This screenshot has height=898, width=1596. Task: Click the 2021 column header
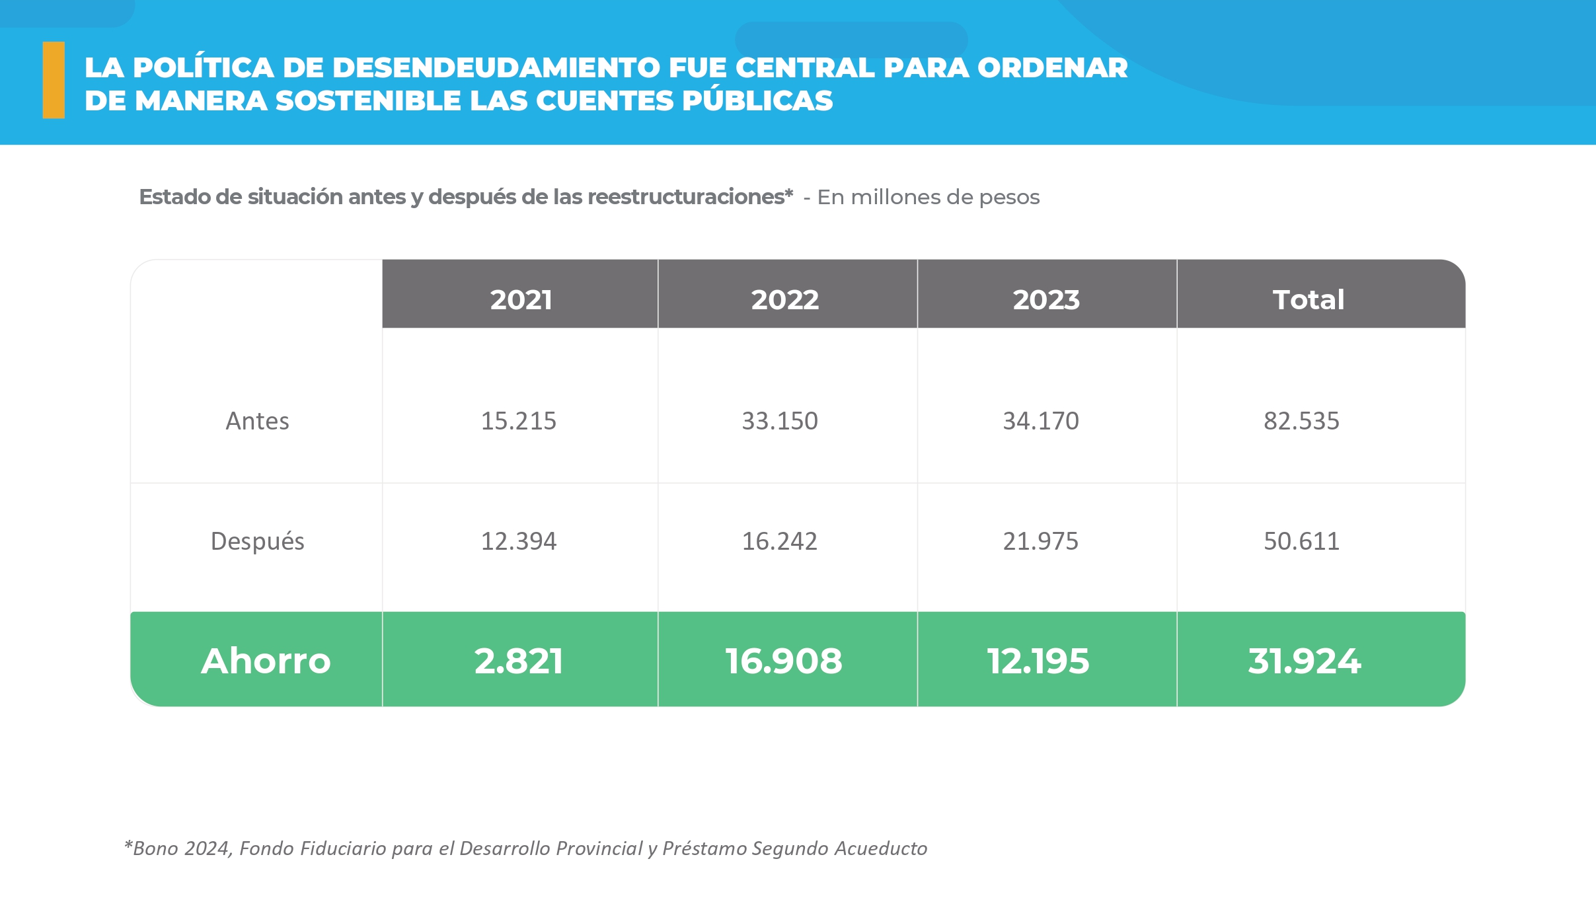point(521,300)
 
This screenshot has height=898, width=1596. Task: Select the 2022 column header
point(784,300)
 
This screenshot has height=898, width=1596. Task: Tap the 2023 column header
point(1046,300)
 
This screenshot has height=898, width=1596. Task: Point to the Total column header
point(1309,300)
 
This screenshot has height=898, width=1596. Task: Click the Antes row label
point(258,421)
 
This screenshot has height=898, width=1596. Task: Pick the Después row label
point(258,541)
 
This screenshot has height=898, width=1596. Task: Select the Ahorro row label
point(266,661)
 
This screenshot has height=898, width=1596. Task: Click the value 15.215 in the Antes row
point(519,421)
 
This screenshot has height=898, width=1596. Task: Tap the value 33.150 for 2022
point(780,421)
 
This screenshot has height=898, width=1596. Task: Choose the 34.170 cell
point(1041,421)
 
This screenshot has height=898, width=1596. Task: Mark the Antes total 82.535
point(1301,421)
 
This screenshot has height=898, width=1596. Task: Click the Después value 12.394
point(519,541)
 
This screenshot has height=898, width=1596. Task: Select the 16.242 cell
point(780,541)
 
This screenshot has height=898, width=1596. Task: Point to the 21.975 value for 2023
point(1041,541)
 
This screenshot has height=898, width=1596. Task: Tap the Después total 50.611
point(1301,541)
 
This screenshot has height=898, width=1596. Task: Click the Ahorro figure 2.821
point(519,661)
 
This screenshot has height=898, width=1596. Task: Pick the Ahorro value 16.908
point(784,661)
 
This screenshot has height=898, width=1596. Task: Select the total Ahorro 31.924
point(1305,661)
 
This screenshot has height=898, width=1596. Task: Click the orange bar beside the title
point(54,80)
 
